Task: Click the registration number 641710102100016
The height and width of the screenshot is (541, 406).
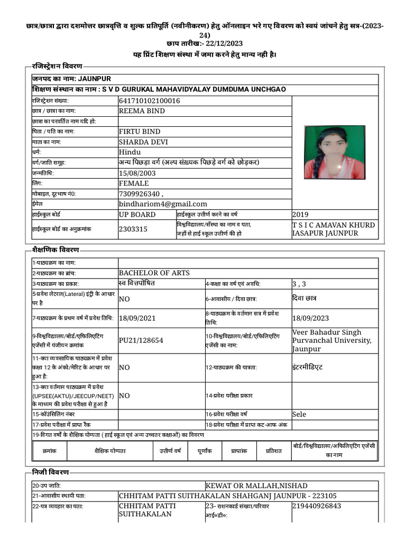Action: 150,100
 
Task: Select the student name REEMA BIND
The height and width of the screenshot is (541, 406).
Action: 142,111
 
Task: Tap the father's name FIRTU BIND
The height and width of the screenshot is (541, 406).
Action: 140,132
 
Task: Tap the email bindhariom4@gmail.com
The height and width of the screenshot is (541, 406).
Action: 163,204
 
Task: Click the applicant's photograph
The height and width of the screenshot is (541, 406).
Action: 335,153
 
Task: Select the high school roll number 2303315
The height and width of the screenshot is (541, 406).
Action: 133,229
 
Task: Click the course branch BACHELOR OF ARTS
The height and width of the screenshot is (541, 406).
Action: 154,273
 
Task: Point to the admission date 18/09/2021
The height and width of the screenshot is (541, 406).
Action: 137,318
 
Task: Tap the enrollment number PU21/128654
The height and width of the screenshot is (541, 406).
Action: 141,340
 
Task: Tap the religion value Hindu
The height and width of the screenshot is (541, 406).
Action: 130,152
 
